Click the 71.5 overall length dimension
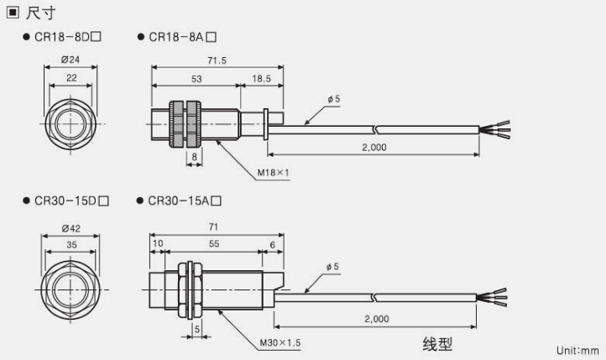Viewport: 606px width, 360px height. point(217,60)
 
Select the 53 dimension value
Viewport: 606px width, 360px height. point(196,78)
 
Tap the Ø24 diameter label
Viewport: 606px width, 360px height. point(70,60)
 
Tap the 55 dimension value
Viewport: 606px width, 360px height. point(214,243)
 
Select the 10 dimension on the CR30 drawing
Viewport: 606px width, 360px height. point(157,243)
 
